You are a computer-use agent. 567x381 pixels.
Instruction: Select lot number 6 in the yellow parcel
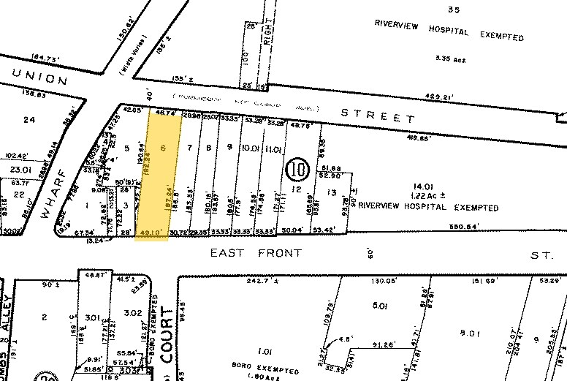pos(164,148)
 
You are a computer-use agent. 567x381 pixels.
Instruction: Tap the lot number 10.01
pos(251,148)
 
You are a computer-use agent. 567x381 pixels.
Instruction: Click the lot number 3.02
pos(132,313)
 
